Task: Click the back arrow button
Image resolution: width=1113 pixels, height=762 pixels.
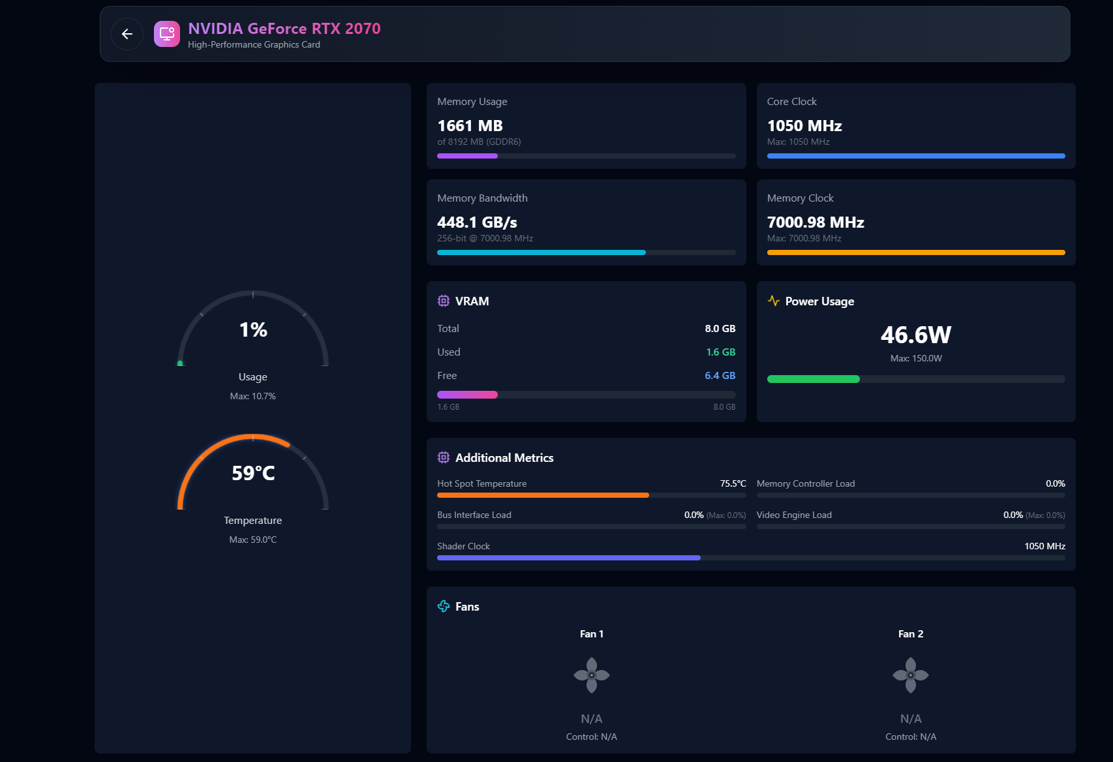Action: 127,34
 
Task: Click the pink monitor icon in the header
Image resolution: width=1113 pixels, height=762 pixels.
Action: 167,34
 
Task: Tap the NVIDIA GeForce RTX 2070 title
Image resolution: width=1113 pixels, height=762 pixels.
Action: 284,29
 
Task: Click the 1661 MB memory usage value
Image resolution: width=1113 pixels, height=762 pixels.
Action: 470,126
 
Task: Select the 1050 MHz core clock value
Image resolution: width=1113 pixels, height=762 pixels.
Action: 804,126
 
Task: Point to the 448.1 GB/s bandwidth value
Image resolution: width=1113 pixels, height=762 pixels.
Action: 477,222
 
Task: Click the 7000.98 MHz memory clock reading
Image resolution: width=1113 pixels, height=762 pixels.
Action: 815,222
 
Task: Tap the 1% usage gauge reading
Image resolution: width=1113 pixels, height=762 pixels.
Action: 253,330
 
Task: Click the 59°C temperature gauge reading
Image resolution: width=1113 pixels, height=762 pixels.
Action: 253,474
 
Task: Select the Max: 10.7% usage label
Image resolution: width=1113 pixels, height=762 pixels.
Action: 253,396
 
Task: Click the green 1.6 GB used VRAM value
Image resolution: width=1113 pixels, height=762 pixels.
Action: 720,352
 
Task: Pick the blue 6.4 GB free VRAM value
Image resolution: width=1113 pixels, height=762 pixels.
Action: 720,376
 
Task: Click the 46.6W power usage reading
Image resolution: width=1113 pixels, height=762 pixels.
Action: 915,335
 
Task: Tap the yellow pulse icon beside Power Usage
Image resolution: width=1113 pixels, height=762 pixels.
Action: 774,301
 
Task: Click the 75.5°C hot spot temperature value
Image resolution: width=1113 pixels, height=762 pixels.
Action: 733,483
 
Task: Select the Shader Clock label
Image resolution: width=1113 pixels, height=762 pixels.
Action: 463,546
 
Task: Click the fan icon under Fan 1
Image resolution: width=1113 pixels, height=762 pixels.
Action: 592,675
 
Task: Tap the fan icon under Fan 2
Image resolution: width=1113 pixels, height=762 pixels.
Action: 911,675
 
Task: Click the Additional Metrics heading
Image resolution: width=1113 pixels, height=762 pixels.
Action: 504,458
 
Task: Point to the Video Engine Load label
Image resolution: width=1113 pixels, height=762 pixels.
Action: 794,515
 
